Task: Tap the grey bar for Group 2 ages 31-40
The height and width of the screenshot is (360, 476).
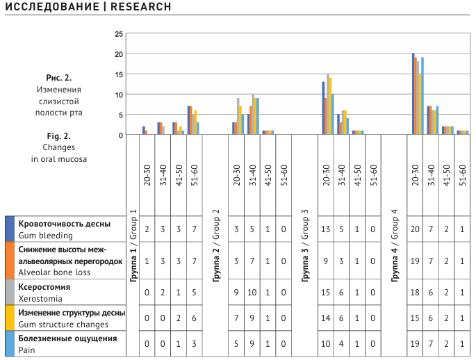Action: tap(253, 114)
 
